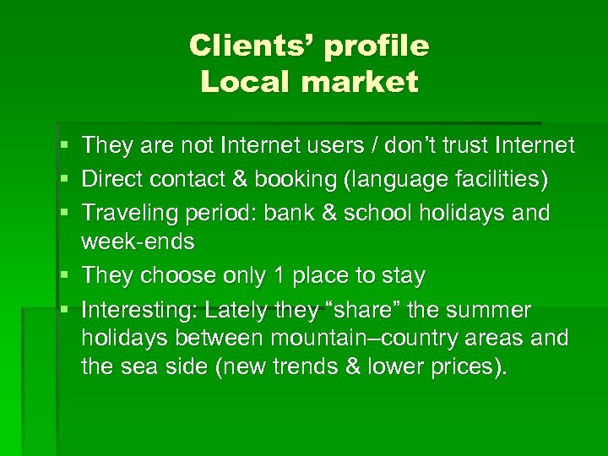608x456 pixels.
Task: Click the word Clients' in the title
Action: (249, 45)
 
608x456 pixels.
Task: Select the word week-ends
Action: (138, 242)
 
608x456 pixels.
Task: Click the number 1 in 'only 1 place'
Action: (278, 276)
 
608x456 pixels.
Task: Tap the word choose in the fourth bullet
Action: (176, 276)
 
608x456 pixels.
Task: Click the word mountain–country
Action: (372, 339)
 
